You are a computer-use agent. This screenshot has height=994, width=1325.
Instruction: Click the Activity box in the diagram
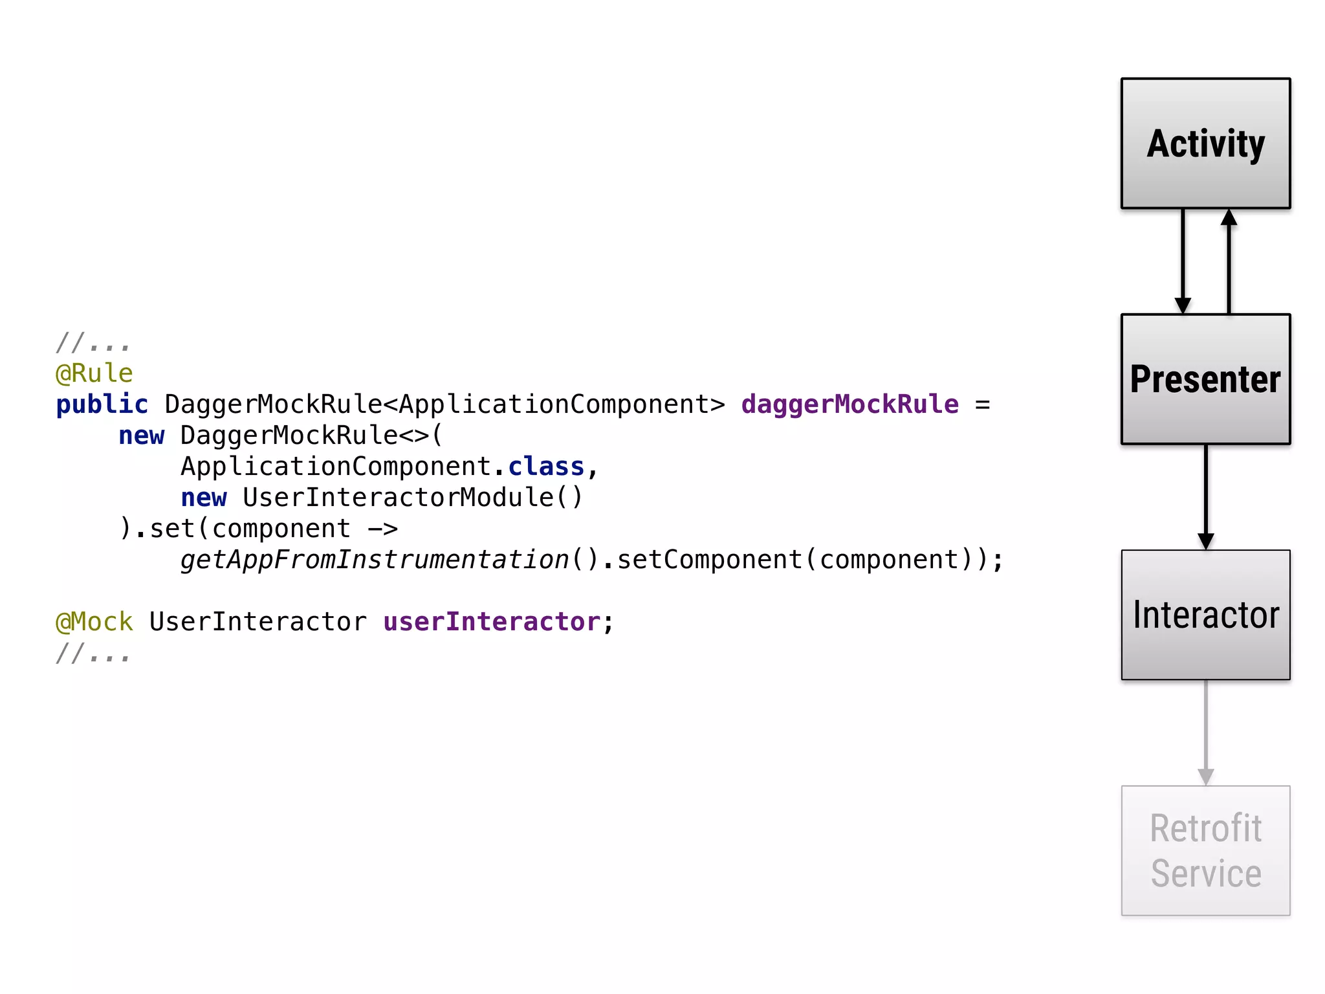coord(1205,144)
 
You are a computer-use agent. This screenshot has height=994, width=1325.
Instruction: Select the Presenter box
coord(1205,379)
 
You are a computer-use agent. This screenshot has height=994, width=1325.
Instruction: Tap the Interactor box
coord(1205,615)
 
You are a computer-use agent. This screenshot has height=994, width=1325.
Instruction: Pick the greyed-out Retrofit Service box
coord(1205,850)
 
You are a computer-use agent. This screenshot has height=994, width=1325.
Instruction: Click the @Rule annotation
coord(94,373)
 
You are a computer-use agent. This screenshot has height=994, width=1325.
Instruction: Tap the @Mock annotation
coord(94,622)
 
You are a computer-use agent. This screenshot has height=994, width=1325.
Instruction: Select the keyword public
coord(102,404)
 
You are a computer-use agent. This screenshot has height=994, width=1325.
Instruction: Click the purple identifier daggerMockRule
coord(849,404)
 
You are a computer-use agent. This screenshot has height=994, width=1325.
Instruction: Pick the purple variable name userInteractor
coord(492,622)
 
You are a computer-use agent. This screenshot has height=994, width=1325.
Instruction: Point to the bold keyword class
coord(546,467)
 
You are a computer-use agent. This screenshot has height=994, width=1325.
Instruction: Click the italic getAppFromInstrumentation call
coord(375,560)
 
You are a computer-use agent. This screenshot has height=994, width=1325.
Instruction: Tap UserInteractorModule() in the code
coord(413,498)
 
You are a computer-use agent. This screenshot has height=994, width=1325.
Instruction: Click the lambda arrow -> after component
coord(382,529)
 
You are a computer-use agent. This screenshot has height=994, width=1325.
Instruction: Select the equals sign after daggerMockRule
coord(983,404)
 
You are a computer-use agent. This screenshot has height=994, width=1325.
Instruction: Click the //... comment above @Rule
coord(93,342)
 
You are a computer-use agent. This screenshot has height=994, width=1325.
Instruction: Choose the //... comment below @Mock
coord(93,654)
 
